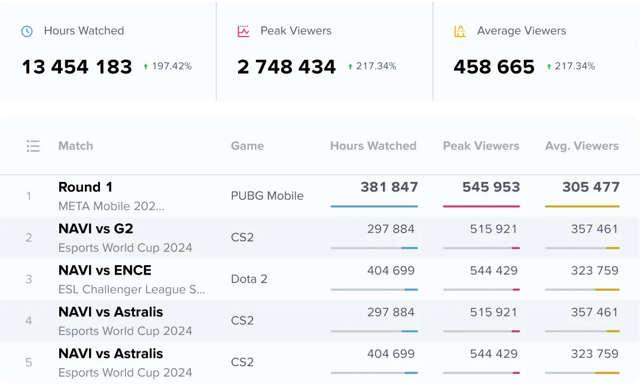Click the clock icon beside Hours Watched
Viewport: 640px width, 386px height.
click(27, 31)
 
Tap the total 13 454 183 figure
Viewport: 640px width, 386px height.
click(77, 66)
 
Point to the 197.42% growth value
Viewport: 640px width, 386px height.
click(172, 66)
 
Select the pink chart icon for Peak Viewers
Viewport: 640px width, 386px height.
click(243, 31)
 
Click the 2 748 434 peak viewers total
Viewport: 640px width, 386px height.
click(287, 66)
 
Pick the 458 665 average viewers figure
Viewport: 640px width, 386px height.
click(494, 66)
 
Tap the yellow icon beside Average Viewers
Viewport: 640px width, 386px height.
click(459, 31)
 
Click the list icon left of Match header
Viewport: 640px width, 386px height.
click(33, 146)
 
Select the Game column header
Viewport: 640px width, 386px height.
click(247, 146)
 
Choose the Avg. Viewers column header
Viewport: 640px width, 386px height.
click(582, 146)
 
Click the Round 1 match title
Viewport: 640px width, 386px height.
click(86, 187)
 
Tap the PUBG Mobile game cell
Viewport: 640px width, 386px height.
click(267, 196)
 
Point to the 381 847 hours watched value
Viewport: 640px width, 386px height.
click(389, 187)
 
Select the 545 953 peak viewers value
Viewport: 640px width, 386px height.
click(491, 187)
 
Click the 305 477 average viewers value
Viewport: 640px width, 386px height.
click(591, 187)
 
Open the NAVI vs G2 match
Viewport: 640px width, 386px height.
click(96, 229)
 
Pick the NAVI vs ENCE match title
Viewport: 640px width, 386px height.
click(105, 270)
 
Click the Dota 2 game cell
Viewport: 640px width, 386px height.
click(249, 279)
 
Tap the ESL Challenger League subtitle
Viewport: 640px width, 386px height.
click(132, 290)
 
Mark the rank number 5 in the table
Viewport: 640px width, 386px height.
click(29, 363)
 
